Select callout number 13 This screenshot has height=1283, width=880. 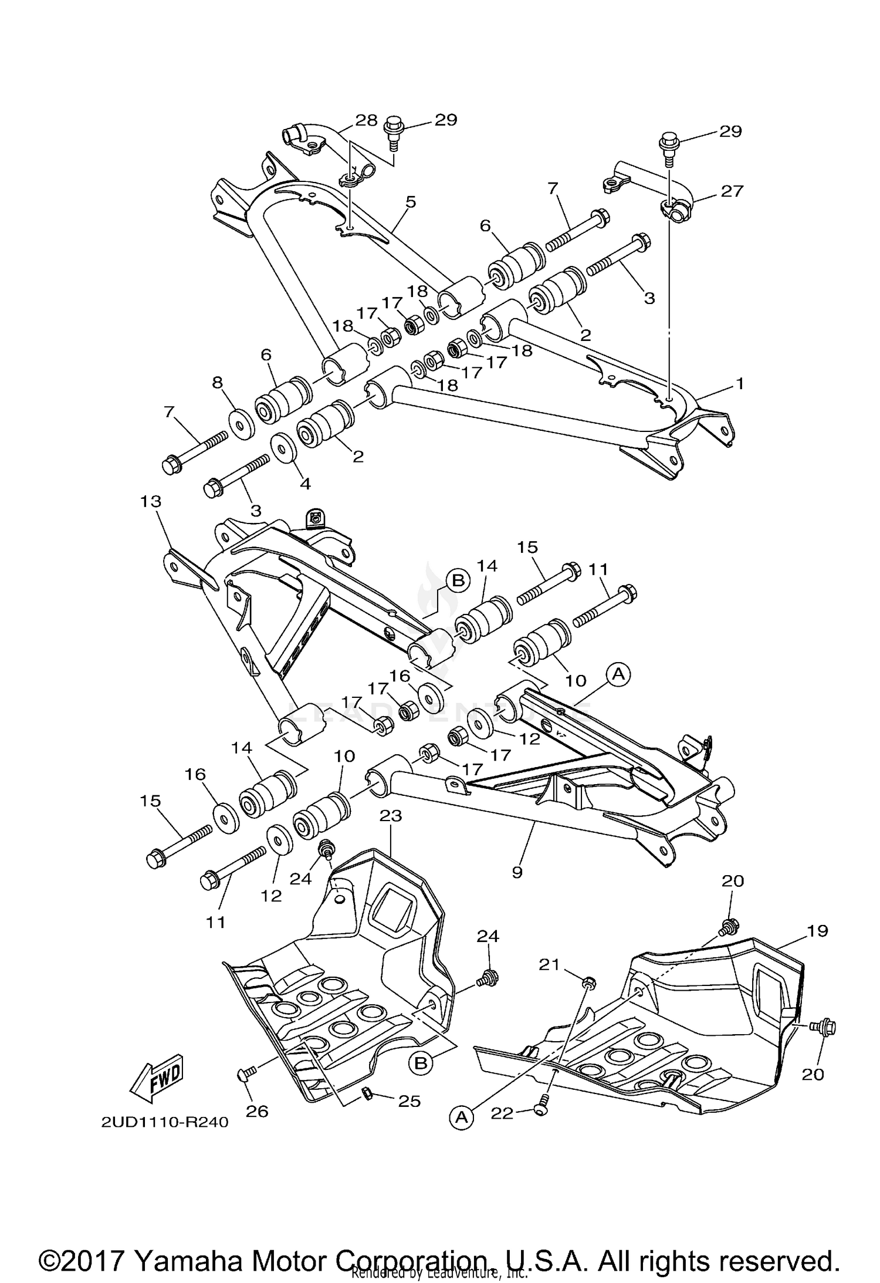coord(151,501)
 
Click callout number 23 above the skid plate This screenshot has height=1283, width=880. coord(391,815)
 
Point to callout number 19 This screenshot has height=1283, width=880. coord(817,930)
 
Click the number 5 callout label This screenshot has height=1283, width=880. coord(410,202)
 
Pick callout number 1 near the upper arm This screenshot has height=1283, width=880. coord(740,383)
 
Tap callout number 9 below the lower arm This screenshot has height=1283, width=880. coord(517,872)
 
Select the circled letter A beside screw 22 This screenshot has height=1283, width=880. coord(462,1118)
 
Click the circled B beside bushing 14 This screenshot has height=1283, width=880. coord(458,580)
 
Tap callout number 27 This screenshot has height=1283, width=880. coord(732,191)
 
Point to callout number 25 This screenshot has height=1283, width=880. coord(409,1101)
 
